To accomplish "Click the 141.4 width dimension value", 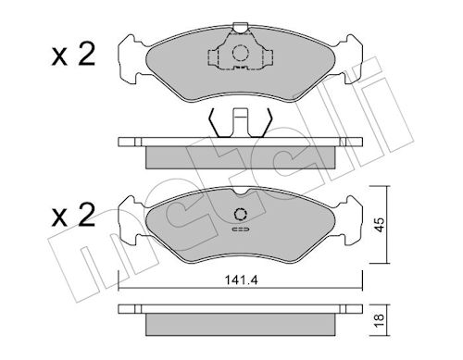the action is [x=241, y=280].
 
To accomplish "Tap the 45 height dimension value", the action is [x=381, y=225].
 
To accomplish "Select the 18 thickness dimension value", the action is [x=380, y=320].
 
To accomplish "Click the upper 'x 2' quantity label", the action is [x=73, y=55].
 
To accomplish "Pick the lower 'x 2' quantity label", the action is [x=73, y=215].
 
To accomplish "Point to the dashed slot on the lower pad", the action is [x=241, y=230].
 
